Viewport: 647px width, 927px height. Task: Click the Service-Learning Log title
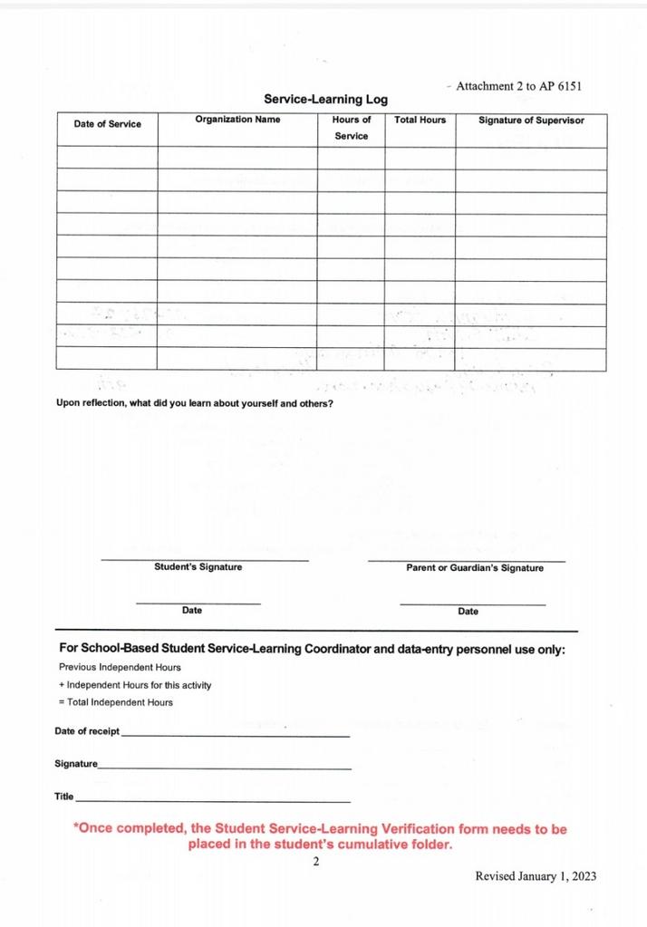[325, 100]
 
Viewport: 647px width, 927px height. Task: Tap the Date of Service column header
[107, 124]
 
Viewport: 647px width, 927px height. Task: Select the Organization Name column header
[237, 120]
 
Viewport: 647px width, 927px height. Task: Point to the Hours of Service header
[351, 128]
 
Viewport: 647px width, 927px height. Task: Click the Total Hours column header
[420, 120]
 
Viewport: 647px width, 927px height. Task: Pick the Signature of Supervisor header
[531, 120]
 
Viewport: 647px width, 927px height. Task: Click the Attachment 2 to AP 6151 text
[517, 86]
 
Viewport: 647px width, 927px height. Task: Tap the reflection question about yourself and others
[194, 403]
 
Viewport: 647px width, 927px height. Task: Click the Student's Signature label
[198, 567]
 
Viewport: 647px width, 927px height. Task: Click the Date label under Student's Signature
[192, 611]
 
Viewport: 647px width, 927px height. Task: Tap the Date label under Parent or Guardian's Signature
[468, 612]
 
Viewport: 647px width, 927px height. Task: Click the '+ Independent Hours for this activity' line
[135, 685]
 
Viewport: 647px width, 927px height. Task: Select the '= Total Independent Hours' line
[115, 702]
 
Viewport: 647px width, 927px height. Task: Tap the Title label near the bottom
[63, 797]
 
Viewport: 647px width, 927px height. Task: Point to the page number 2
[316, 862]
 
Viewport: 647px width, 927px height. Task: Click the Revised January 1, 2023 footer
[536, 876]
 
